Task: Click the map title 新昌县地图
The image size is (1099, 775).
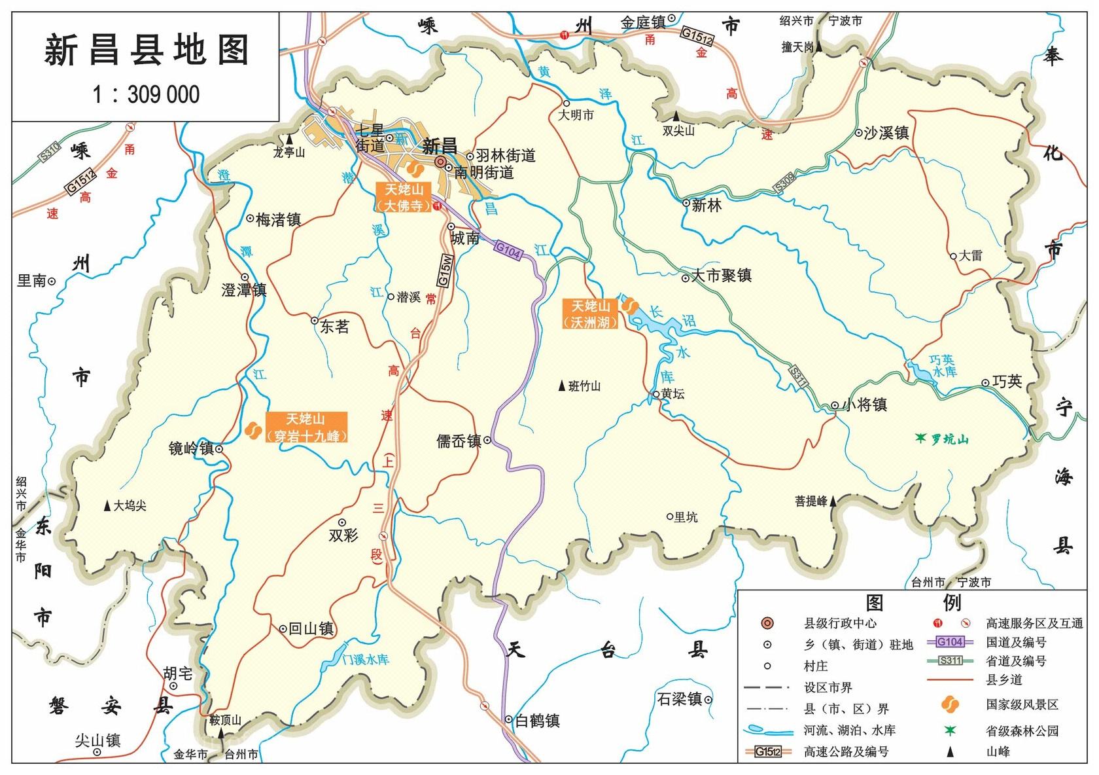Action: tap(147, 51)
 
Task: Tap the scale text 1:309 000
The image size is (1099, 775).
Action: tap(146, 95)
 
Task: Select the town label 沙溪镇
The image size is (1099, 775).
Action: tap(886, 133)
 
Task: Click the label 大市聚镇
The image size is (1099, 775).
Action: tap(721, 276)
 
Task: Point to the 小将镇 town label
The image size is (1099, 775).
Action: tap(864, 405)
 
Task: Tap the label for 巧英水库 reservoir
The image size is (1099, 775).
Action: tap(943, 366)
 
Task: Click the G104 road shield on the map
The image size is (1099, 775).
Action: tap(508, 249)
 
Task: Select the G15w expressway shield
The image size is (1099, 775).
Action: tap(444, 270)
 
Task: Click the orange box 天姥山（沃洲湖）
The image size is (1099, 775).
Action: tap(590, 314)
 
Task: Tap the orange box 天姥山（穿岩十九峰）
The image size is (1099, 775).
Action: tap(305, 428)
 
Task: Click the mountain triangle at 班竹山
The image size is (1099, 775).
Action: tap(561, 386)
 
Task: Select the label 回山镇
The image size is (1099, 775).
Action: tap(311, 629)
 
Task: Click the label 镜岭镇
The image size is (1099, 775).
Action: tap(191, 448)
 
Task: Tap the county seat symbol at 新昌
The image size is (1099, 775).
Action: tap(441, 162)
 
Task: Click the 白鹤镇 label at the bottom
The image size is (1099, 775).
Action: tap(537, 721)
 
